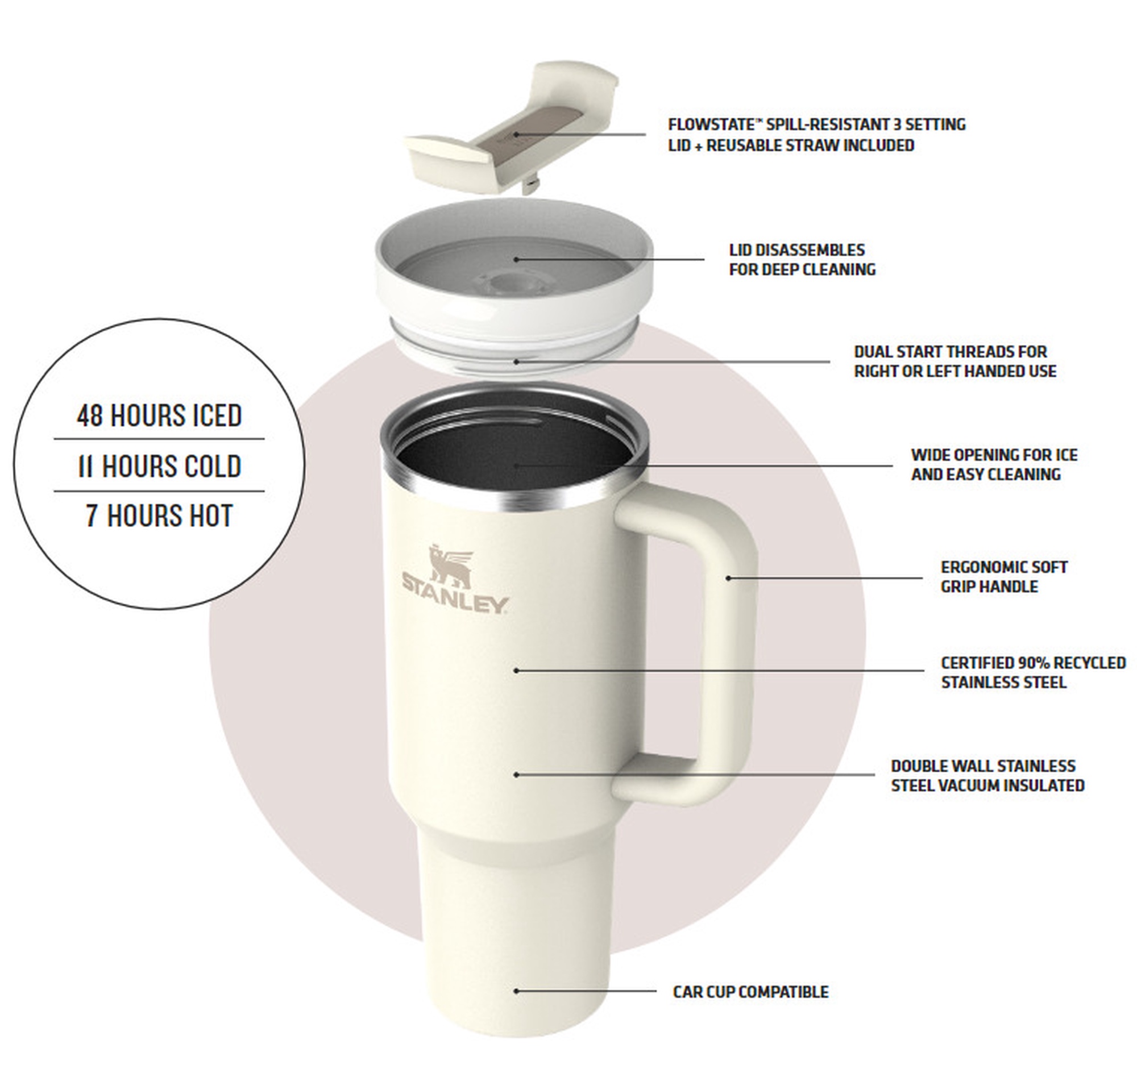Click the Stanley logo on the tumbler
pyautogui.click(x=455, y=579)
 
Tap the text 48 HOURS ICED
pyautogui.click(x=159, y=415)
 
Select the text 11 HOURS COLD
pyautogui.click(x=159, y=465)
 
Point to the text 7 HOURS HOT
pyautogui.click(x=159, y=515)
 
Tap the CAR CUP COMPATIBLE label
pyautogui.click(x=750, y=991)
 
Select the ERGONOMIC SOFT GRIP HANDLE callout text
pyautogui.click(x=1004, y=576)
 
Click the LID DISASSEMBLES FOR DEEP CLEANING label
pyautogui.click(x=802, y=260)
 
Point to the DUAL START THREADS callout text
pyautogui.click(x=955, y=361)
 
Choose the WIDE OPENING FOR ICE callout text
pyautogui.click(x=994, y=464)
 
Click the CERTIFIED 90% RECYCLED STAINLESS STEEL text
pyautogui.click(x=1033, y=672)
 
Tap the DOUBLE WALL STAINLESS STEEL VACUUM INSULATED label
pyautogui.click(x=987, y=775)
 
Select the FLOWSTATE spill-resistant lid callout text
pyautogui.click(x=816, y=134)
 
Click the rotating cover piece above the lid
pyautogui.click(x=511, y=126)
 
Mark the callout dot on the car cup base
pyautogui.click(x=516, y=991)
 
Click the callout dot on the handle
pyautogui.click(x=728, y=578)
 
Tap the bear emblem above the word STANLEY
pyautogui.click(x=451, y=565)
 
